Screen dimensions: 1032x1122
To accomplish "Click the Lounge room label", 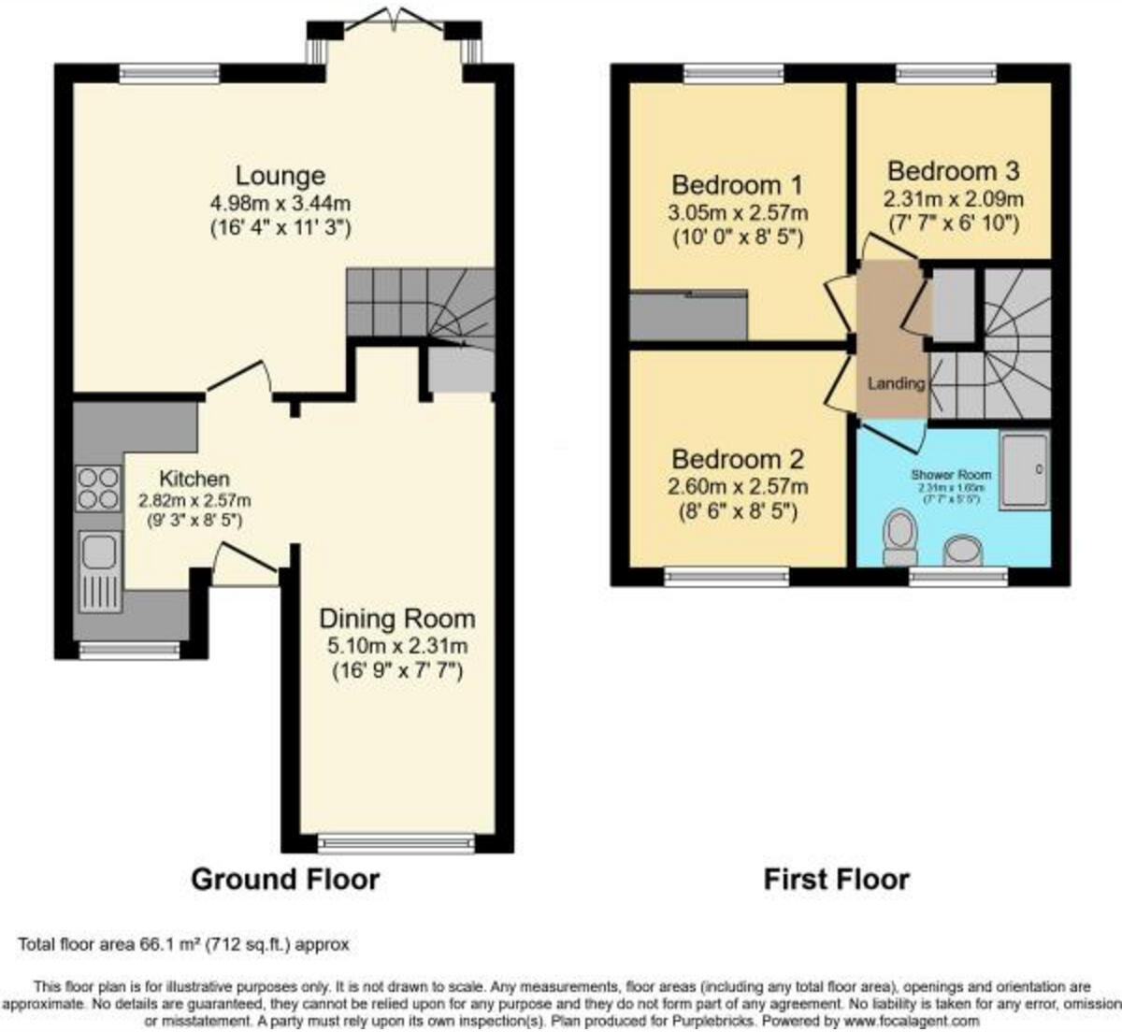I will coord(280,176).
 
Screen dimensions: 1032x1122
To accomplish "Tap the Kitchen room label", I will coord(194,479).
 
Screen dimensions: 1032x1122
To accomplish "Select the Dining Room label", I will coord(397,619).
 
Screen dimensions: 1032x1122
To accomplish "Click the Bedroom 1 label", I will coord(737,184).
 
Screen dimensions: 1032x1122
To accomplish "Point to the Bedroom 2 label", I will coord(738,459).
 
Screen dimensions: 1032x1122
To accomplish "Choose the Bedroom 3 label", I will coord(954,172).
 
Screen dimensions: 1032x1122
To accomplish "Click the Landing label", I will coord(896,383).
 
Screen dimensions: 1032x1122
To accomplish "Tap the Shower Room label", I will coord(951,475).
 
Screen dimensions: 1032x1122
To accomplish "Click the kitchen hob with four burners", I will coord(98,489).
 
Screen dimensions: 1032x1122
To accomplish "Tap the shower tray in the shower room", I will coord(1024,469).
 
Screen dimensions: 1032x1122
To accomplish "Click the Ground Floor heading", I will coord(285,880).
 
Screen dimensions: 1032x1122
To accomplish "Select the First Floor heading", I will coord(836,880).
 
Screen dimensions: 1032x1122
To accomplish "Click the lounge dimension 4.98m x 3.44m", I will coord(281,204).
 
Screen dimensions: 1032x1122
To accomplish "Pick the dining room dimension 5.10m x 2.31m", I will coord(397,646).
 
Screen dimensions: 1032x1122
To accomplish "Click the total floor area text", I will coord(183,945).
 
